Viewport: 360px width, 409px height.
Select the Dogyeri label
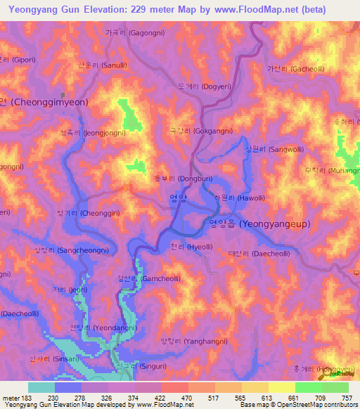[205, 86]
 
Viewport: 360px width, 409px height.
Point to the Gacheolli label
[295, 69]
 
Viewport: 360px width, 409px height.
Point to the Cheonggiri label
[82, 212]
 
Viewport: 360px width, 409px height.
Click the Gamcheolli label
[143, 278]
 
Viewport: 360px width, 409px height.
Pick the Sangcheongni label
[71, 249]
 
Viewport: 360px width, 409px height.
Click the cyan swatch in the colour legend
[41, 387]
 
